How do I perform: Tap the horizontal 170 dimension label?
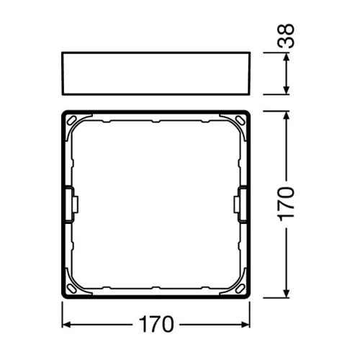tap(157, 325)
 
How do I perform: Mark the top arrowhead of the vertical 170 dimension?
tap(289, 115)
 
